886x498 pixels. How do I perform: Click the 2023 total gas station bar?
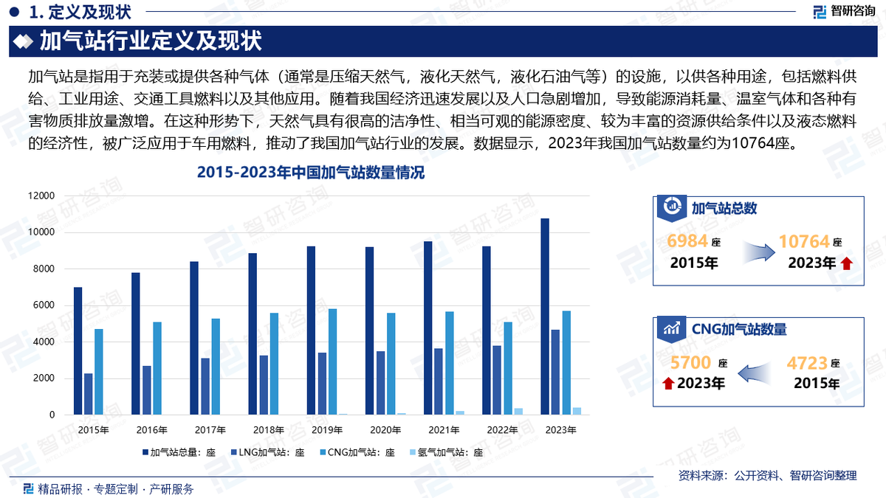point(545,317)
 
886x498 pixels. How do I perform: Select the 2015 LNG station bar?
point(89,394)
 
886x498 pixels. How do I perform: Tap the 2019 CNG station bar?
point(332,362)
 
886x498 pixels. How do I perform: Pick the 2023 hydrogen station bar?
point(577,411)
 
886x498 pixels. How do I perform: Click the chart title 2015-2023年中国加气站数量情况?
point(310,174)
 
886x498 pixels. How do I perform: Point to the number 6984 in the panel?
point(687,241)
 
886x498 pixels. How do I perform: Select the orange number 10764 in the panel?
point(804,241)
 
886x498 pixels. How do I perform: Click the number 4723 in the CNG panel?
point(807,362)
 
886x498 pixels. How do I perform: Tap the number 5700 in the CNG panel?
point(690,362)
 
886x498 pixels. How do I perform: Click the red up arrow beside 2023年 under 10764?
point(846,263)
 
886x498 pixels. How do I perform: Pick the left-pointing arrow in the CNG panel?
point(758,373)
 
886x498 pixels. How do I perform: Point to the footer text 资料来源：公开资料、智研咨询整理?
point(767,476)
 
